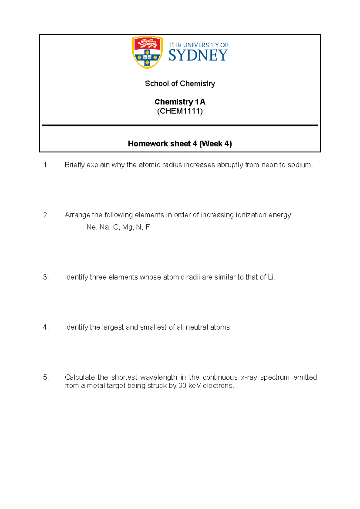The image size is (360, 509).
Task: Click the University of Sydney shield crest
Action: (147, 52)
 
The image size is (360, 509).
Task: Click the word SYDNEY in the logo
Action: (198, 55)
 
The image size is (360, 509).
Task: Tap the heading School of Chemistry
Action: (180, 83)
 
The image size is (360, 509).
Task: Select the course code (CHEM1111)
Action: (180, 111)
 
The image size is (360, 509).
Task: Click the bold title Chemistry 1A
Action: (180, 102)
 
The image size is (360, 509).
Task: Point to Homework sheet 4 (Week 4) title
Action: (180, 143)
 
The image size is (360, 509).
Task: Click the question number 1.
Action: (46, 165)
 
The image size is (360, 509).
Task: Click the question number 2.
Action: (46, 215)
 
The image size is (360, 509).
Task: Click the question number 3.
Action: (46, 277)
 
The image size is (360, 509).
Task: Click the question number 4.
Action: (46, 327)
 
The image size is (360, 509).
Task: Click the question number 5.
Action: (46, 377)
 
